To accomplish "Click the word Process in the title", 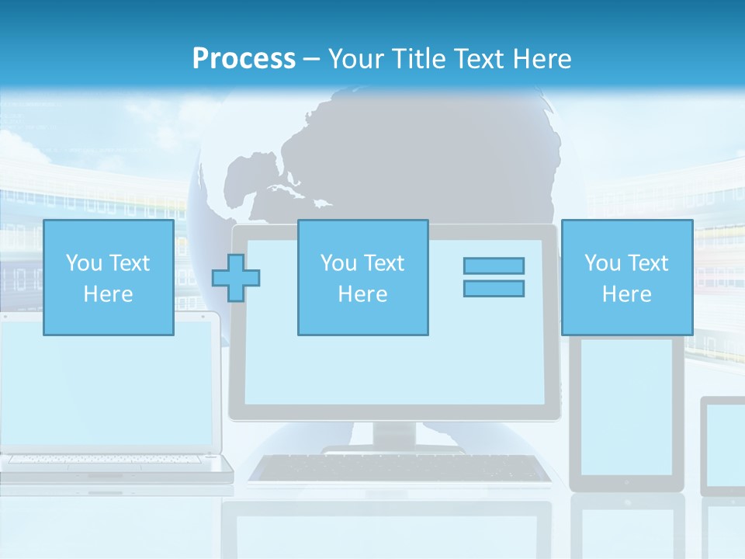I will point(244,59).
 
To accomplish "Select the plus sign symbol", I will point(236,278).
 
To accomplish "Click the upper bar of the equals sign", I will point(494,266).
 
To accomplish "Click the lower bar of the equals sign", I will point(494,288).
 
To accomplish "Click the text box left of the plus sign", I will point(108,277).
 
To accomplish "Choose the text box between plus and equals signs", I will point(362,277).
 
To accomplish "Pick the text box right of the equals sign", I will point(626,277).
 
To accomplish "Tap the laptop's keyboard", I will point(109,460).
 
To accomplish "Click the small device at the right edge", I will point(723,446).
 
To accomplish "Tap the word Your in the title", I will point(352,59).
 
